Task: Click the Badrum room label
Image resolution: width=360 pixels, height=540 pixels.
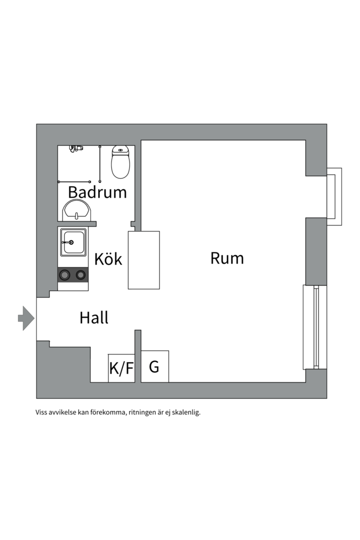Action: point(97,192)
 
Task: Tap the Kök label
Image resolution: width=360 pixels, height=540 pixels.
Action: point(108,259)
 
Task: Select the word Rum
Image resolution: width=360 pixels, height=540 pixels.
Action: point(227,258)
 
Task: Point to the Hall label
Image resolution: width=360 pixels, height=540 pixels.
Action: point(94,317)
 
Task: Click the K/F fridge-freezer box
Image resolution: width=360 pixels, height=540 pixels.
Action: point(121,368)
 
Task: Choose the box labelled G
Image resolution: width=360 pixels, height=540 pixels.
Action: point(154,366)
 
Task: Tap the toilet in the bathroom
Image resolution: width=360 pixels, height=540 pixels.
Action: point(120,162)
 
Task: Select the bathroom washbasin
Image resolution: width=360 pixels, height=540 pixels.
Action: point(76,209)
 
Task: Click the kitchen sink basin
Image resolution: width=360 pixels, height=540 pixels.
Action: point(73,242)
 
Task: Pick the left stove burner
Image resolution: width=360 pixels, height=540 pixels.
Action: point(64,274)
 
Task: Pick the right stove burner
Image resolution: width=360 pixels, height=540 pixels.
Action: point(80,274)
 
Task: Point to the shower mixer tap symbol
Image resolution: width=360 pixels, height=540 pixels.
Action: point(75,148)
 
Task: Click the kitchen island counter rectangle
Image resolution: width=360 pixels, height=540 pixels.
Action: point(143,260)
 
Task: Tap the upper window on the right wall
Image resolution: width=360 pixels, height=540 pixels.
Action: point(334,196)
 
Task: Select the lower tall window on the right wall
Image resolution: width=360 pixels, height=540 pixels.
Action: point(315,327)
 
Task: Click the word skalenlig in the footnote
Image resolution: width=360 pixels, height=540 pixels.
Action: point(186,412)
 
